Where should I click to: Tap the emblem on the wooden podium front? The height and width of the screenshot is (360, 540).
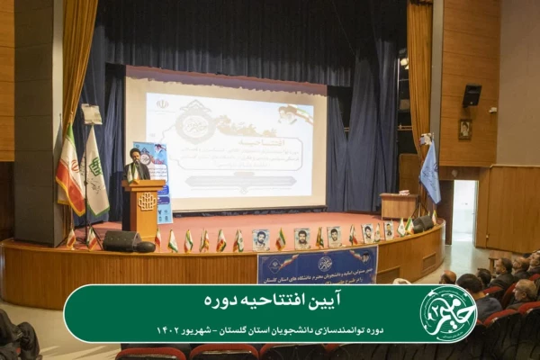[x=146, y=201]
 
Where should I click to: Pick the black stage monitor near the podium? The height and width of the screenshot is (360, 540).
[x=121, y=240]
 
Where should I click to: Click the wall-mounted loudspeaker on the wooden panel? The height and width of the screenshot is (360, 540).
[x=472, y=95]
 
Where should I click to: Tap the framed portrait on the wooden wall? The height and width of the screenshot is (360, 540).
[x=465, y=129]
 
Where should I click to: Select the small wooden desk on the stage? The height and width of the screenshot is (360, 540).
[x=398, y=205]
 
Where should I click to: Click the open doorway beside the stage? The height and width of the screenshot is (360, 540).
[x=464, y=211]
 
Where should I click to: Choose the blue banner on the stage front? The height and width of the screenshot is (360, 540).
[x=317, y=265]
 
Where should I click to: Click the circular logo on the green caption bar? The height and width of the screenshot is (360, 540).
[x=448, y=314]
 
